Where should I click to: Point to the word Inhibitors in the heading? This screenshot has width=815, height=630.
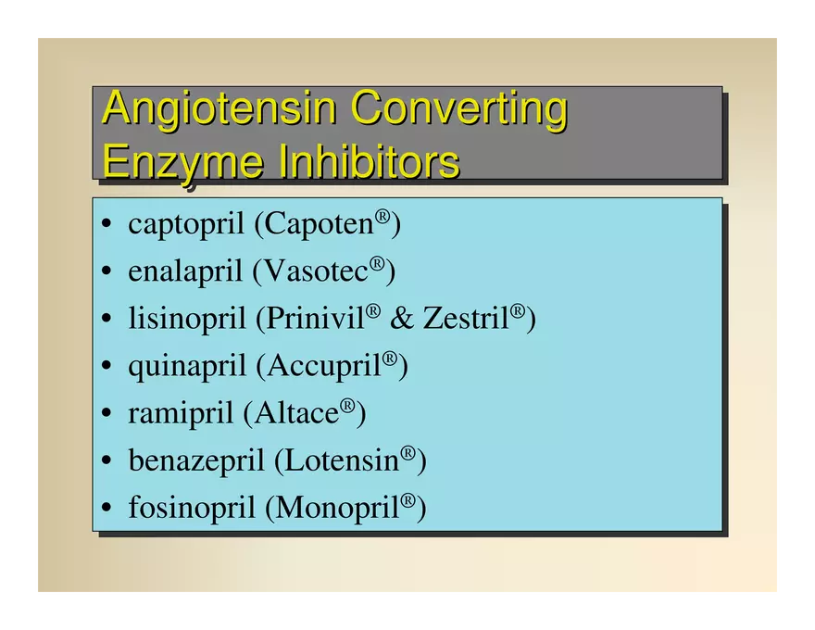click(x=369, y=160)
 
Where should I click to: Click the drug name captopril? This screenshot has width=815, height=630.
click(x=186, y=225)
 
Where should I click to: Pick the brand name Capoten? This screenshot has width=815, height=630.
click(x=320, y=223)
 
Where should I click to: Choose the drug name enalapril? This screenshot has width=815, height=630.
click(x=185, y=271)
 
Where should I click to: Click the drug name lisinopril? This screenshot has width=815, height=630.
click(x=186, y=319)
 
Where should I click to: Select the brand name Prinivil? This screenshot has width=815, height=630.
click(x=316, y=318)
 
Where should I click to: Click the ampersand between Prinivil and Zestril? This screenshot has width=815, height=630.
click(x=402, y=318)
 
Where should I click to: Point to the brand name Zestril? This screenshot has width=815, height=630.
click(x=466, y=318)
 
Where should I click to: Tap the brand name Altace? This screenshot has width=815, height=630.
click(x=296, y=413)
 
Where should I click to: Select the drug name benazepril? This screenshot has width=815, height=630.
click(x=196, y=461)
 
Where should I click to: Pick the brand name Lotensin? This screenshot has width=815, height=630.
click(x=342, y=460)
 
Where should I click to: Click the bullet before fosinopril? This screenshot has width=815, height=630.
click(x=107, y=507)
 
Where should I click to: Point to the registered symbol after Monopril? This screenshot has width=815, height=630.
click(x=408, y=500)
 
